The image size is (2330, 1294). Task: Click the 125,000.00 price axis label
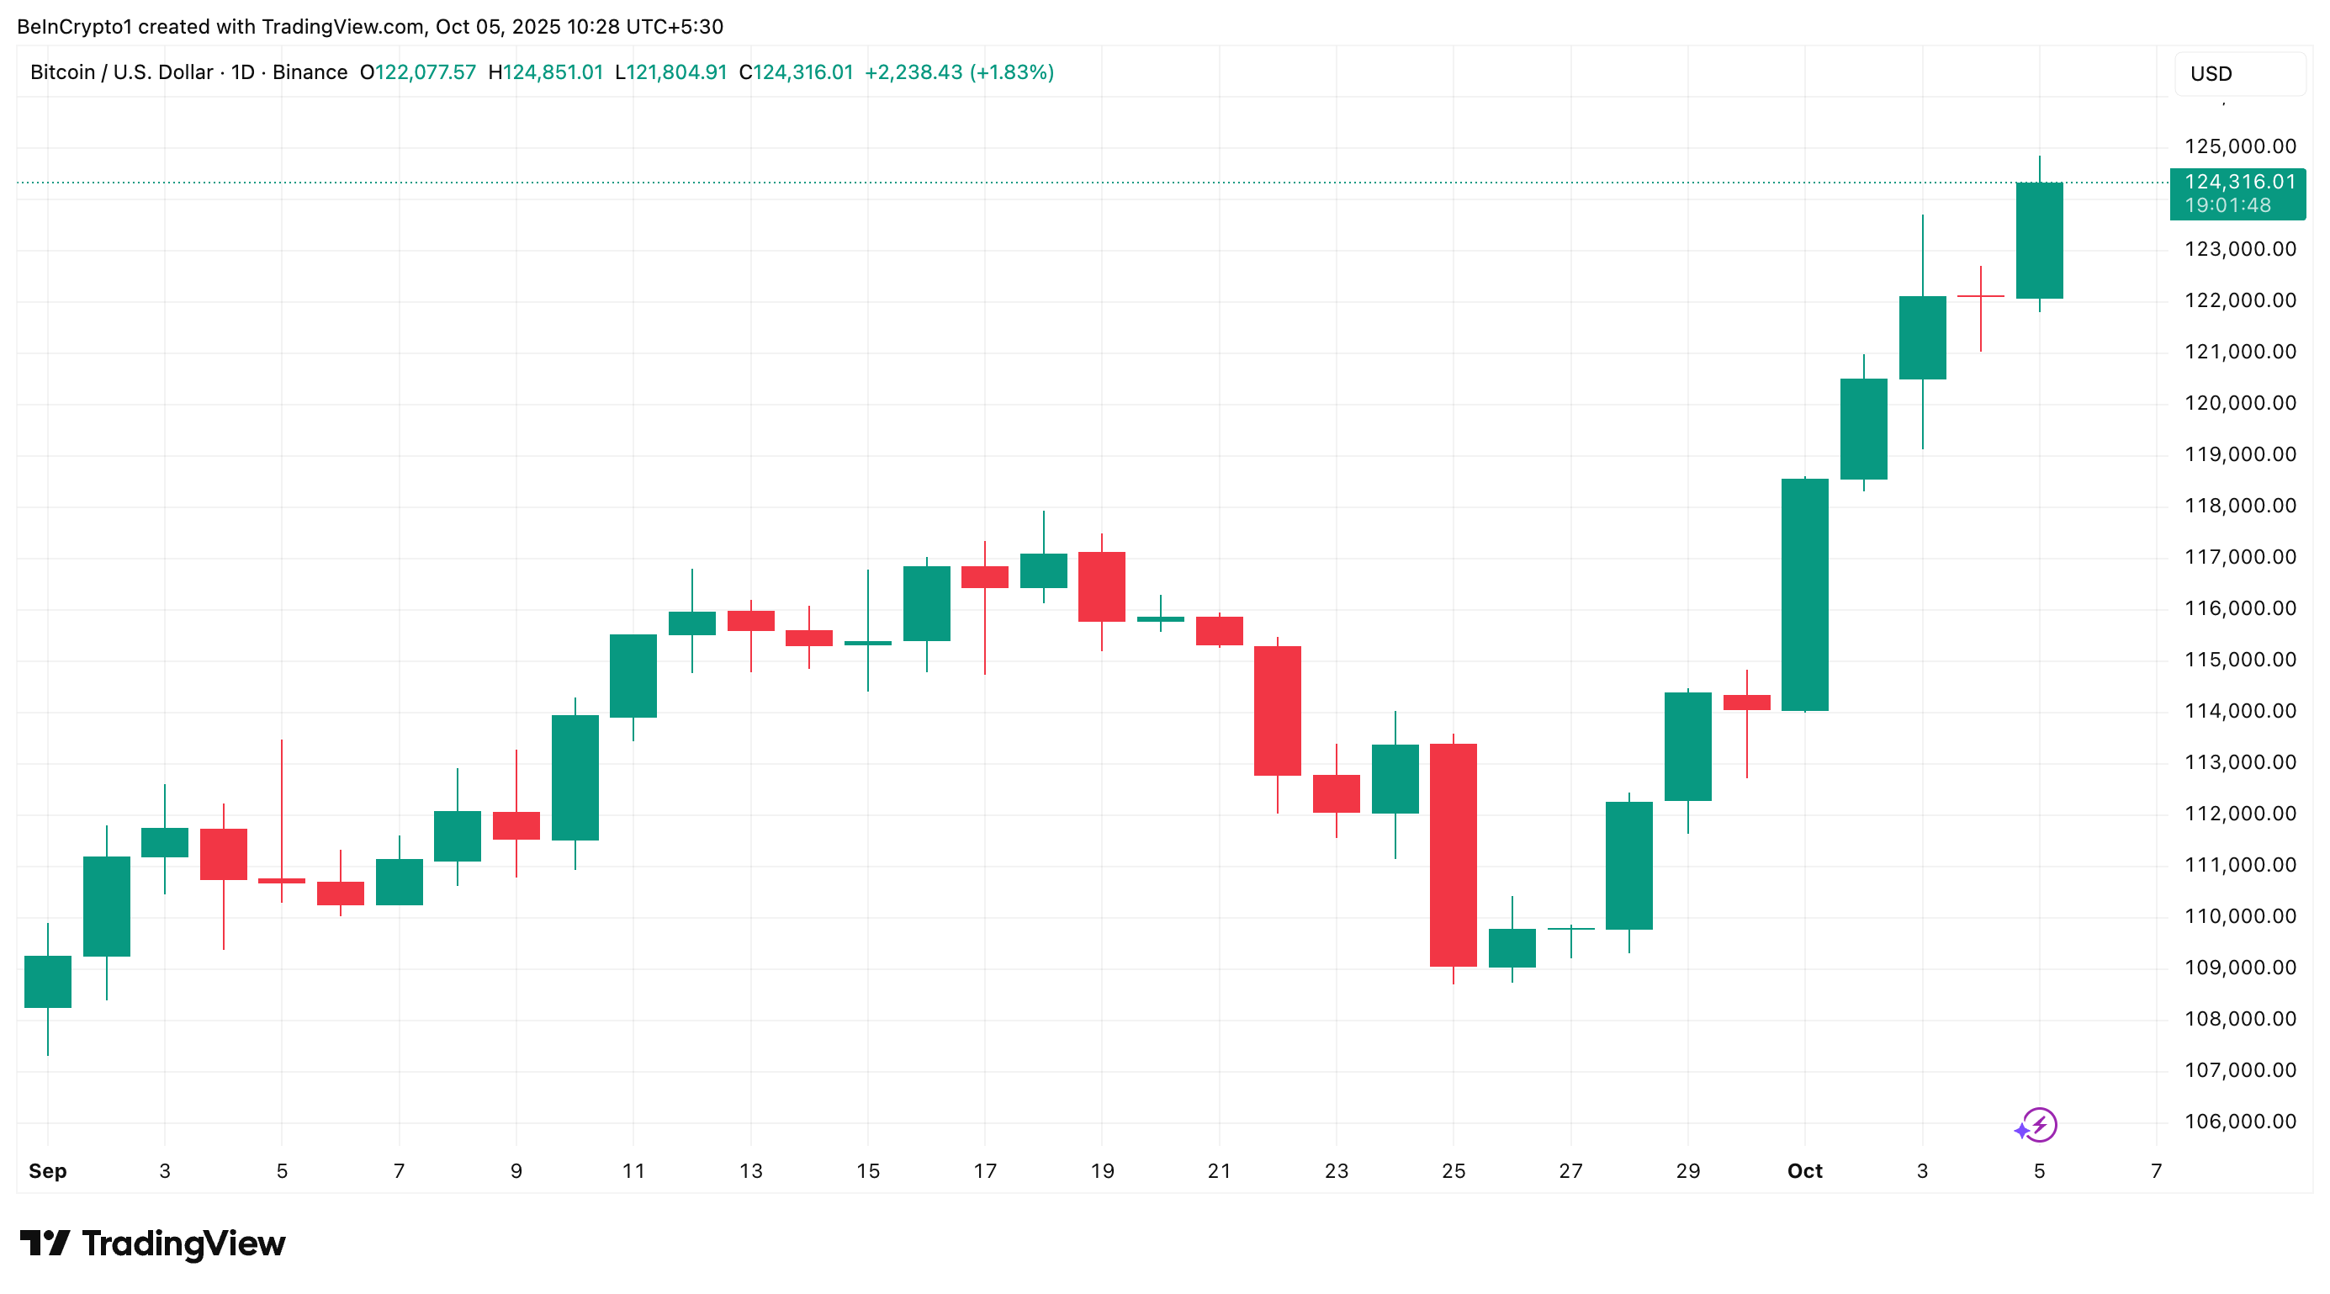pos(2239,146)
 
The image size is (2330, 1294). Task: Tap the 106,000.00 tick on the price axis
pos(2239,1122)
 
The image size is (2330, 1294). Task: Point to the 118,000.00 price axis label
pos(2239,506)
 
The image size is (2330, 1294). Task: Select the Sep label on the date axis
pos(47,1171)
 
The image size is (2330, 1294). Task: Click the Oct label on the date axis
pos(1804,1171)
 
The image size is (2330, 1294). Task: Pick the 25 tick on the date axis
pos(1454,1171)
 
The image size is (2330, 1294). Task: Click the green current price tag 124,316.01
pos(2237,193)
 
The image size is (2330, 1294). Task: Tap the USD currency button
pos(2211,74)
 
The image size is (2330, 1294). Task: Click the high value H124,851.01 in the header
pos(545,72)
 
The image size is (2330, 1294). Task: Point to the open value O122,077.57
pos(418,72)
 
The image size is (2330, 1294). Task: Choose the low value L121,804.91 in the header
pos(671,72)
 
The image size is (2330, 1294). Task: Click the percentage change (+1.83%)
pos(1011,72)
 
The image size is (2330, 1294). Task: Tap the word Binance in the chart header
pos(310,72)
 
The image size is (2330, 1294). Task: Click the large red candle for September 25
pos(1454,854)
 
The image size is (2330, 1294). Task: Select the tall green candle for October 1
pos(1804,595)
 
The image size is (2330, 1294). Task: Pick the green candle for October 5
pos(2040,240)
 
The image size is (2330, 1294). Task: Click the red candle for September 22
pos(1277,710)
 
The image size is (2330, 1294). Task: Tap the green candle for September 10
pos(575,777)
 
